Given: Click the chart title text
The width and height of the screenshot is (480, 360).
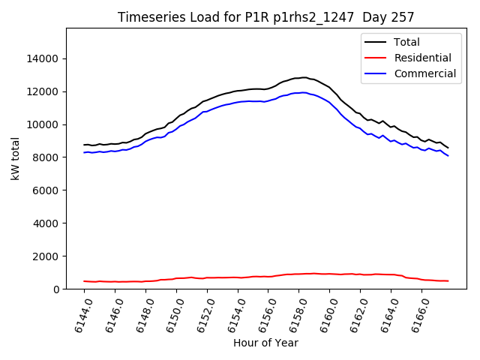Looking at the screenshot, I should pos(266,17).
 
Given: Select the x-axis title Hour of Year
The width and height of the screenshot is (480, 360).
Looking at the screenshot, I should pos(265,343).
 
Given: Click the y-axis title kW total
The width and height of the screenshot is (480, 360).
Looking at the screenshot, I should pos(16,158).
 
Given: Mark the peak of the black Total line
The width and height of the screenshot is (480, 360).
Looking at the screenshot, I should pos(304,77).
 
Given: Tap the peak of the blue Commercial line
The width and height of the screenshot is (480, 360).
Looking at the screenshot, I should pos(302,92).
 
